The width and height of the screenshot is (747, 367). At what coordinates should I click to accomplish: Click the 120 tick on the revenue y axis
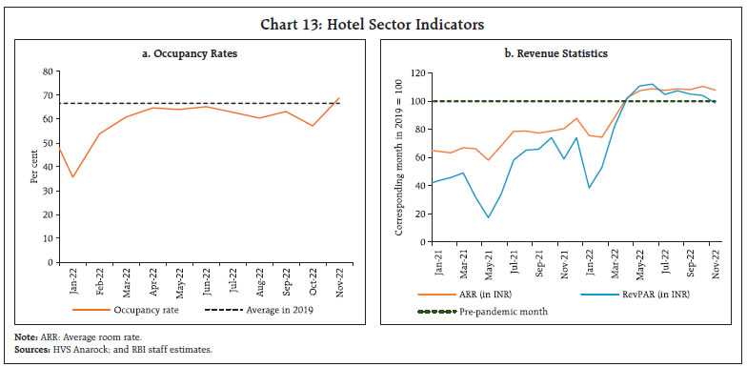click(x=413, y=72)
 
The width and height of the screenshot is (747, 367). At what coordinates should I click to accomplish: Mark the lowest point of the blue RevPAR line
click(x=490, y=217)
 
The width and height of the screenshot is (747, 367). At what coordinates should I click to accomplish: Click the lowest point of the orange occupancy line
click(x=71, y=176)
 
